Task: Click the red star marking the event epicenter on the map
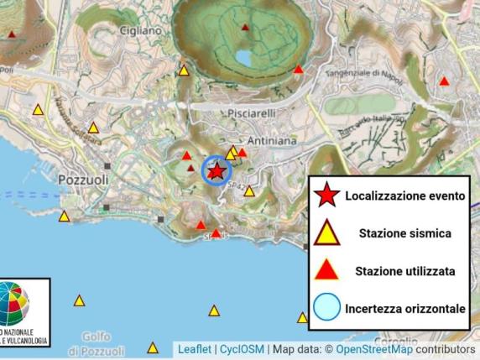216,171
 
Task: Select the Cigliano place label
139,30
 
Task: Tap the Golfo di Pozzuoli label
97,342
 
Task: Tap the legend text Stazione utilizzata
405,271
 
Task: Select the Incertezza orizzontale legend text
404,309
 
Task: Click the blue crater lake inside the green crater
243,58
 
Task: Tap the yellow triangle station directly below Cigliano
184,70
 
